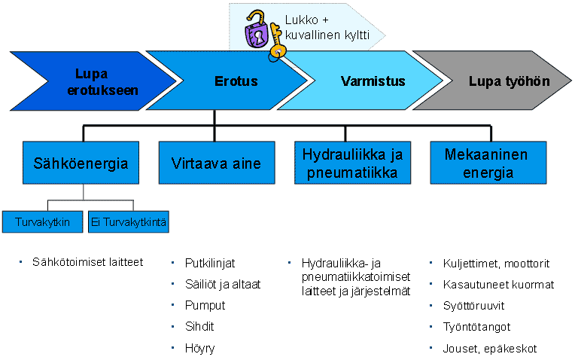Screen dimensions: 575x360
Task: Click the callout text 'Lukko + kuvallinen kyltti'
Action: click(x=327, y=28)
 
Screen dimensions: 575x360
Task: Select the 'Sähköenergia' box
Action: click(x=81, y=163)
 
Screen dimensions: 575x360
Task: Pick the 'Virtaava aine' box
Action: click(x=216, y=163)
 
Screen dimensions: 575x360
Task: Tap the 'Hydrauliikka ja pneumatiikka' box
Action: click(x=352, y=163)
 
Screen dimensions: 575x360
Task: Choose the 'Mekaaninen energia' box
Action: click(x=488, y=163)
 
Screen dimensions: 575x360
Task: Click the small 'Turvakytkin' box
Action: click(x=43, y=221)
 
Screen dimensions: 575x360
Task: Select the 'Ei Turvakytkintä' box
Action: click(x=129, y=221)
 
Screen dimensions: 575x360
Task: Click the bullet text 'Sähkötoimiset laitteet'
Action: click(x=87, y=262)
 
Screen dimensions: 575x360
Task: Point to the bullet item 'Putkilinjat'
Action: click(x=210, y=263)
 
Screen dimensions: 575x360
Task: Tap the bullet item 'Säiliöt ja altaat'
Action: click(x=223, y=285)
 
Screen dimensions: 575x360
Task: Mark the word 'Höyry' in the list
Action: click(x=200, y=348)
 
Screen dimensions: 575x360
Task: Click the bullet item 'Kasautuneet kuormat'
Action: click(x=498, y=285)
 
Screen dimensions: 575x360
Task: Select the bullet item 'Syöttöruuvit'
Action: click(x=473, y=306)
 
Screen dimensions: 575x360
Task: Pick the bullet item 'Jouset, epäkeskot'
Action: click(x=489, y=348)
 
